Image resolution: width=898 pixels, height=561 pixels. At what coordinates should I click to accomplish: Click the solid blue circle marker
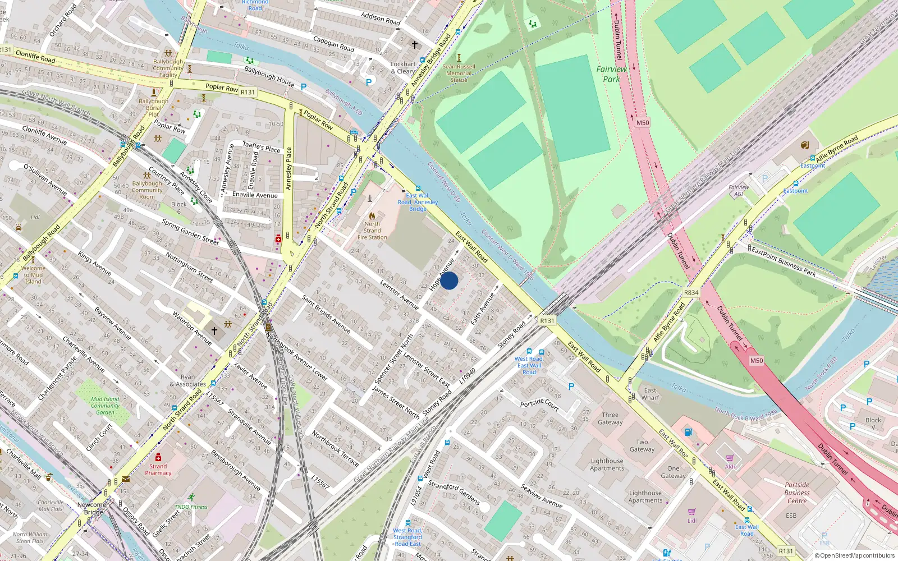click(449, 280)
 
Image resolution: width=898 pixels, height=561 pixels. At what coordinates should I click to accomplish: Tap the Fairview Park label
click(611, 73)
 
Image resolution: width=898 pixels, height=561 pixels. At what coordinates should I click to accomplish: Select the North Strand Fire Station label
click(372, 231)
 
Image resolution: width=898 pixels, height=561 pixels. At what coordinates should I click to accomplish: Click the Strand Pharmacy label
click(158, 470)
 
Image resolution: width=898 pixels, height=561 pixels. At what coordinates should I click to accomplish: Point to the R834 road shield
click(691, 292)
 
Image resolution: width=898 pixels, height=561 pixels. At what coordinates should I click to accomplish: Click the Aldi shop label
click(730, 466)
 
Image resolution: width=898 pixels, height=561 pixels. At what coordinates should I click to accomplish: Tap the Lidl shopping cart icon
click(691, 512)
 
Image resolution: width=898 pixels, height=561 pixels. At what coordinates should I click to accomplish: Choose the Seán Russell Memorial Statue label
click(459, 73)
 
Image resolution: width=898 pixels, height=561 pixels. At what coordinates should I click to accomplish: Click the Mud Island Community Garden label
click(105, 406)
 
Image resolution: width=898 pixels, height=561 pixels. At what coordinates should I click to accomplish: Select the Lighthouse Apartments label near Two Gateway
click(607, 465)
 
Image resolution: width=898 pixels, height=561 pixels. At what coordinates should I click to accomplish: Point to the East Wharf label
click(650, 394)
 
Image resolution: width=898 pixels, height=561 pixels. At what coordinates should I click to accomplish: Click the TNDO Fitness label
click(191, 507)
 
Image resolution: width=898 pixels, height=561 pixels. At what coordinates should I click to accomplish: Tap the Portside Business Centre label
click(797, 493)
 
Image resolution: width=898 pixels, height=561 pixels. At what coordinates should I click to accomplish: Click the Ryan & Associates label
click(188, 381)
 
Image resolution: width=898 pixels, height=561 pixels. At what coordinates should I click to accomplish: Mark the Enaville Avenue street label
click(255, 195)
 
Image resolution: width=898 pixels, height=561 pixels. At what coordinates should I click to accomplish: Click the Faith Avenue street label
click(483, 309)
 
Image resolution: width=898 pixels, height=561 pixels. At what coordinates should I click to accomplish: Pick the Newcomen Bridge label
click(94, 508)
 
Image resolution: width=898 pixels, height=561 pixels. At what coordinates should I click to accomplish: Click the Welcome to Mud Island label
click(33, 274)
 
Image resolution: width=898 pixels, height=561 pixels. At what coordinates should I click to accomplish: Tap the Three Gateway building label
click(610, 419)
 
